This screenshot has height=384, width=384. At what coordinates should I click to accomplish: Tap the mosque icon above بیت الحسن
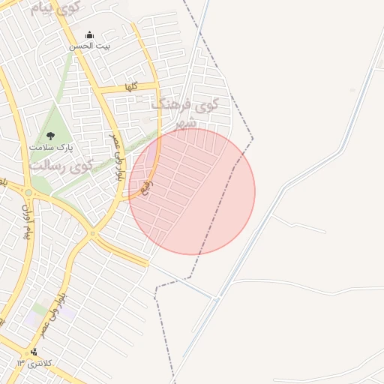coord(90,34)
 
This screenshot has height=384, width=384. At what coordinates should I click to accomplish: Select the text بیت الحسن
coord(90,46)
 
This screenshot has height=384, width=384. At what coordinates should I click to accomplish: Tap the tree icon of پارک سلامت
coord(50,136)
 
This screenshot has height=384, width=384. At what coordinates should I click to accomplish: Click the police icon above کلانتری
coord(34,352)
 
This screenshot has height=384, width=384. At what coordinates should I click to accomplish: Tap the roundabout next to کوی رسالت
coord(28,193)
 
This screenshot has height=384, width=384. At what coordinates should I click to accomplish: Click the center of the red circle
coord(192,192)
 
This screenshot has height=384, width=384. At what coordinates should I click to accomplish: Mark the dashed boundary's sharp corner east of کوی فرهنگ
coord(253,138)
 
